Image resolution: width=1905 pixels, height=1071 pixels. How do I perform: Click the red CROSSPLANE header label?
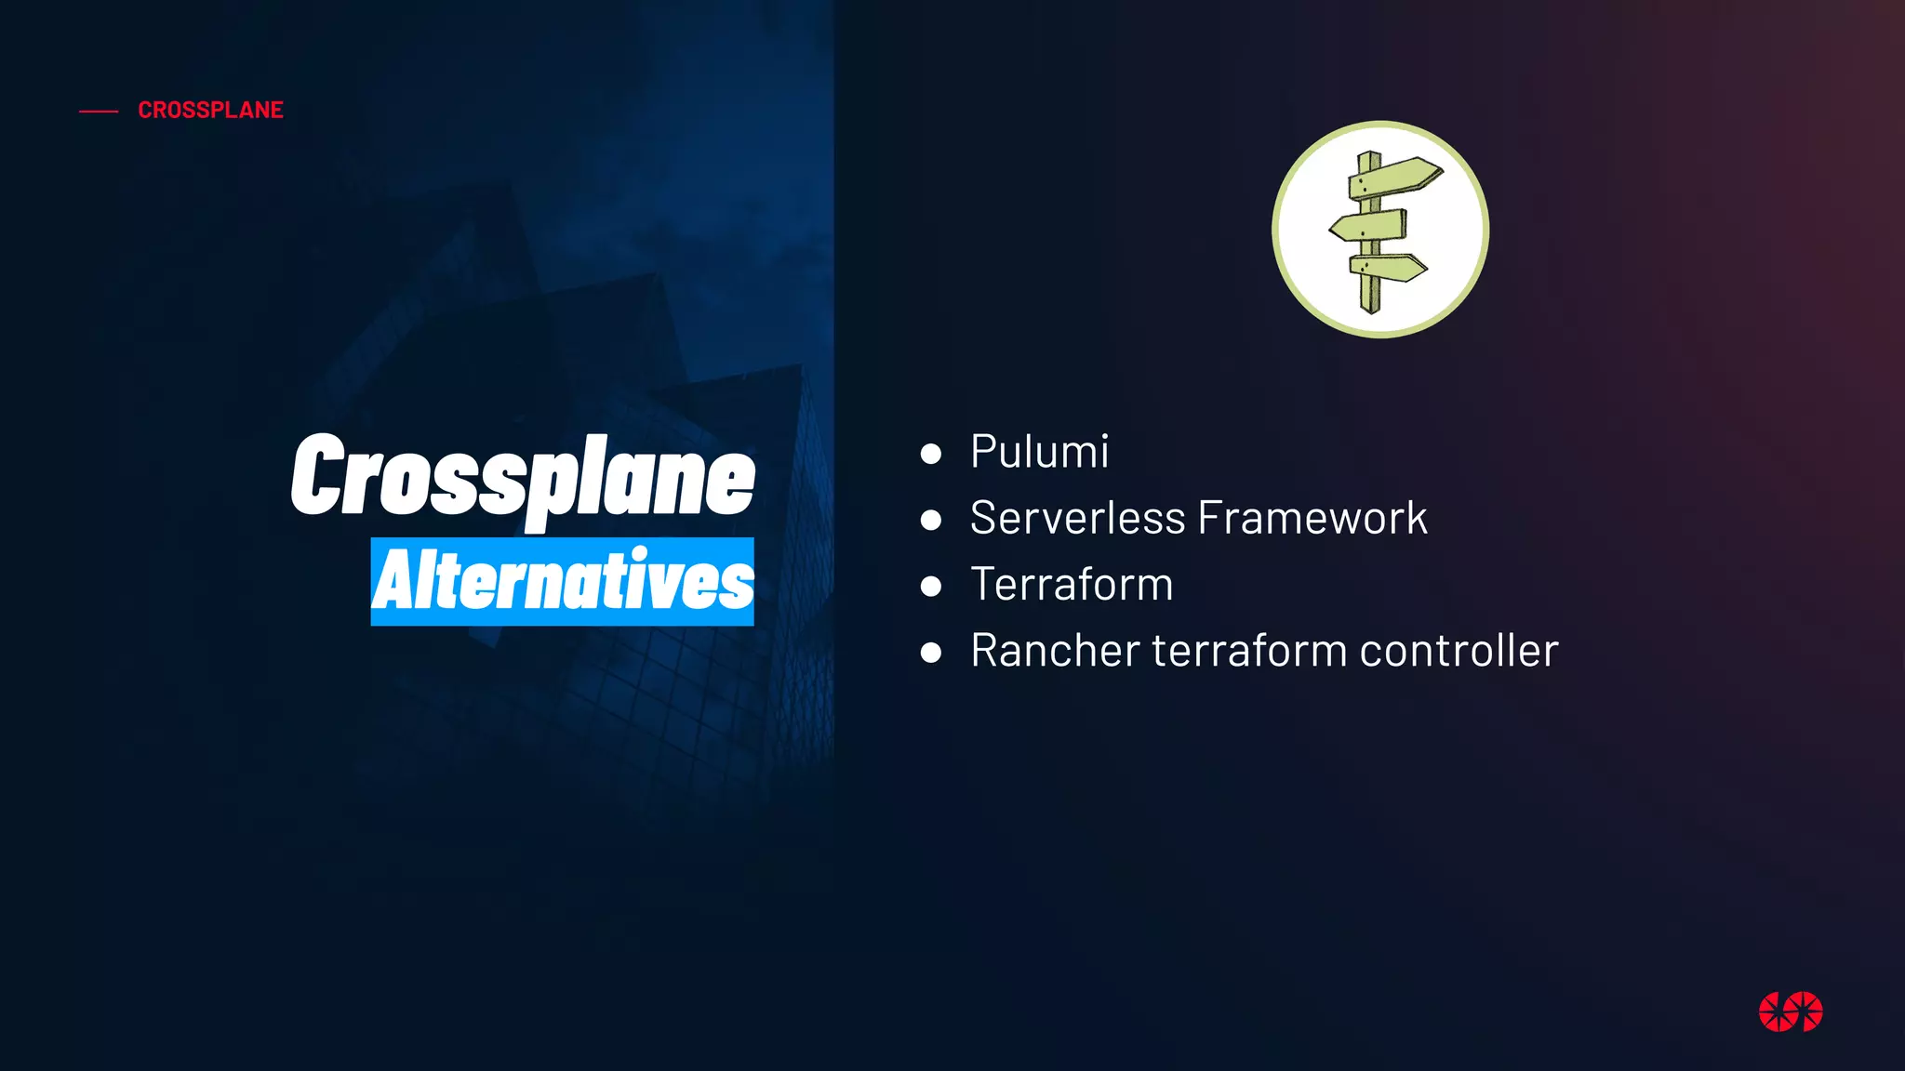coord(210,110)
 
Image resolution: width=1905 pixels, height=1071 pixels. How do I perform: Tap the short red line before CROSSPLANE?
coord(99,112)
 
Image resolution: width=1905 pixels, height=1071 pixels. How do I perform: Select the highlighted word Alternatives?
coord(563,581)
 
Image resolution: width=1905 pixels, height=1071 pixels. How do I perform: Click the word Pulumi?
coord(1039,452)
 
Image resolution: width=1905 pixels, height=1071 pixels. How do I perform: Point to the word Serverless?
coord(1077,518)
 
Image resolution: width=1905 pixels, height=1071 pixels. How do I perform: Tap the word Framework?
coord(1312,518)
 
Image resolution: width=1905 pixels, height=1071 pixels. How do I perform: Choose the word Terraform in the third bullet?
coord(1072,585)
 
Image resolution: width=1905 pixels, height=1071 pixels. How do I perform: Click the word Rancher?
coord(1055,651)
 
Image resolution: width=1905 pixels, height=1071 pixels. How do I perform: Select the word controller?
coord(1459,651)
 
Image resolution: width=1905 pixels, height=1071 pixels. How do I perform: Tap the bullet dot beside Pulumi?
coord(930,454)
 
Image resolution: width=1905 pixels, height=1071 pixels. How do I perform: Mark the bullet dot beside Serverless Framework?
coord(930,520)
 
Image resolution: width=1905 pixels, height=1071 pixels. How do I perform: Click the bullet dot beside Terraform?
coord(930,587)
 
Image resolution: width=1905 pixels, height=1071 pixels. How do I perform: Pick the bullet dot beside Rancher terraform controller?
coord(930,653)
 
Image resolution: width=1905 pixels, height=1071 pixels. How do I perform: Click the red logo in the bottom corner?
coord(1791,1011)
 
